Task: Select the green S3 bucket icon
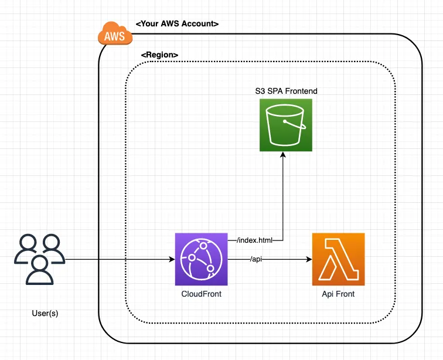[285, 125]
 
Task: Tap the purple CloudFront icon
[201, 259]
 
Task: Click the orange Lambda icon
[338, 259]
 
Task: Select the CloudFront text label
[201, 293]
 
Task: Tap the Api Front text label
[338, 293]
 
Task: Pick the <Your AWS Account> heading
[177, 24]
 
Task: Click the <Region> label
[159, 55]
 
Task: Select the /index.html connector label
[255, 240]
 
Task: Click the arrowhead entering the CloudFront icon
[171, 259]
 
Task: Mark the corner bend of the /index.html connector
[284, 240]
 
